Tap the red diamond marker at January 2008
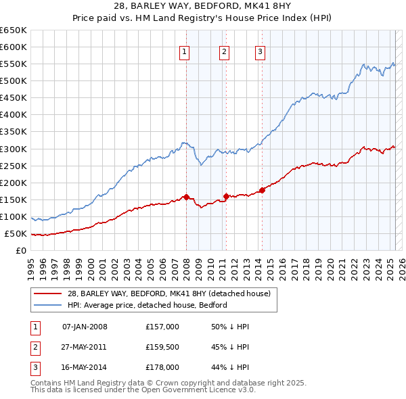click(186, 197)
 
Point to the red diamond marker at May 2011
click(226, 196)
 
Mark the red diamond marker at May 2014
click(262, 190)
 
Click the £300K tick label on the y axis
click(14, 149)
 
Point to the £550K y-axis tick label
click(14, 64)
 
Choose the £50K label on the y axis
click(16, 234)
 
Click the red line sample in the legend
click(47, 294)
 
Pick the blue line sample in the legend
click(47, 305)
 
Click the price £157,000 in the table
click(162, 327)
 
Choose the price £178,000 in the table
click(162, 367)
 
